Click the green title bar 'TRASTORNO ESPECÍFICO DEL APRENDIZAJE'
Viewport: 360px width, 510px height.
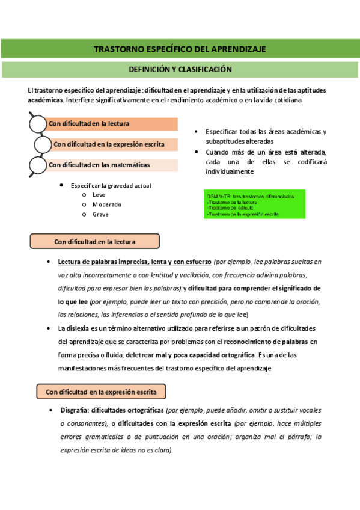(x=180, y=49)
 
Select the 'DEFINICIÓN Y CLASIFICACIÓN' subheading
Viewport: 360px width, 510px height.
(x=180, y=69)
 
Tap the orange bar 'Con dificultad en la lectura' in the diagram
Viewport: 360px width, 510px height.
(x=112, y=124)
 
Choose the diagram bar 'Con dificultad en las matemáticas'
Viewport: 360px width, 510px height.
(x=112, y=164)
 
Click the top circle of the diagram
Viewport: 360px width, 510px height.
(x=38, y=123)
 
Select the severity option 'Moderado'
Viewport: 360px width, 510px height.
(x=106, y=204)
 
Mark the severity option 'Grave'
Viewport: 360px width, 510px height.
(x=101, y=214)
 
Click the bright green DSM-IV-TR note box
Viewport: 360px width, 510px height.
(x=255, y=204)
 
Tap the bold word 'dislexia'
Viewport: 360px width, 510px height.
(x=77, y=328)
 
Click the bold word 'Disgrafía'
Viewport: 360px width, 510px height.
(x=75, y=410)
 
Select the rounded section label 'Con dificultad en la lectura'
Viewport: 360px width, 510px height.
(x=95, y=242)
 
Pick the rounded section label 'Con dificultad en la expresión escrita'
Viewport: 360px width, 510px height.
(x=101, y=392)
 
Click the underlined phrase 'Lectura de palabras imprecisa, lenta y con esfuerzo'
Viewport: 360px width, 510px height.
(x=135, y=262)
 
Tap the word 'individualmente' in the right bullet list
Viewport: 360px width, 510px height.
(x=230, y=171)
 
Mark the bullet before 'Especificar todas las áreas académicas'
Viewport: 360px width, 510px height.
(x=197, y=131)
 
